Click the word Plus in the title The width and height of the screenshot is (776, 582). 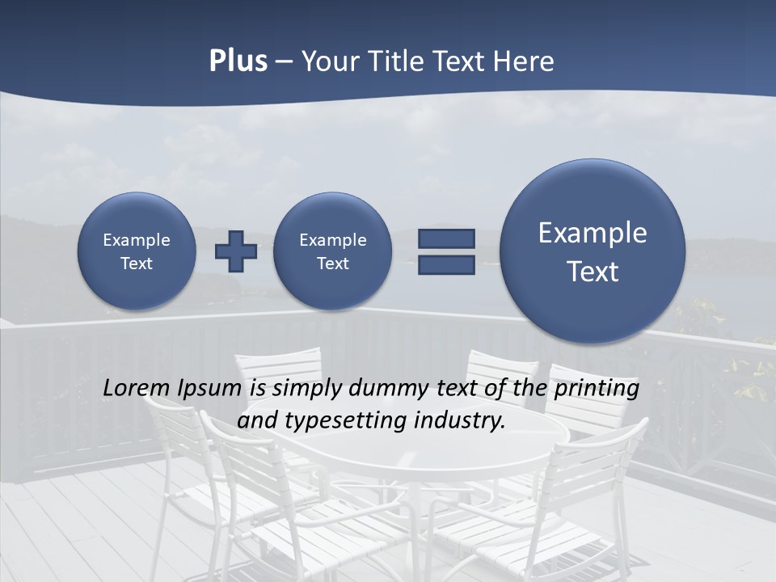point(238,61)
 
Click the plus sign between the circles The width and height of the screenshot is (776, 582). point(236,251)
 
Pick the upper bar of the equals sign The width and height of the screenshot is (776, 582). point(446,238)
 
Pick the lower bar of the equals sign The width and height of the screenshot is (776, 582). point(446,264)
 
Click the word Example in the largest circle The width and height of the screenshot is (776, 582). point(593,233)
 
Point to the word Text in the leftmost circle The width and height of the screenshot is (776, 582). point(136,264)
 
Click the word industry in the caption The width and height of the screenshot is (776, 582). point(458,421)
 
